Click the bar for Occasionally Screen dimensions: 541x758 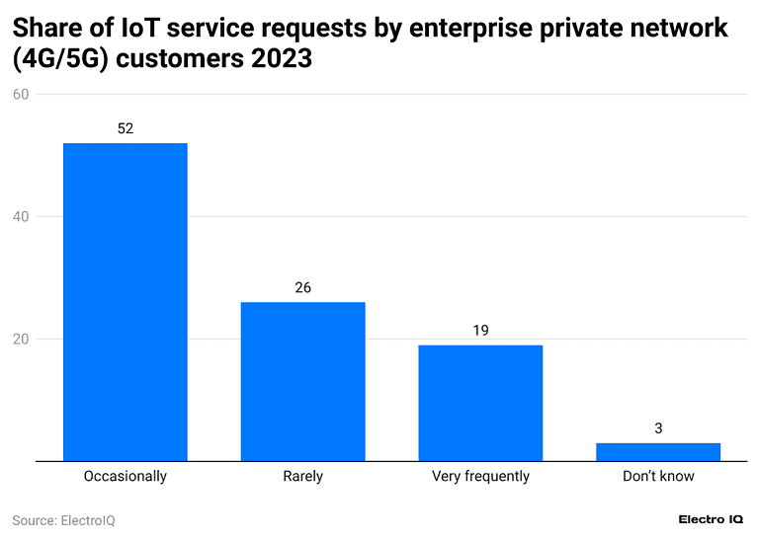[x=126, y=302]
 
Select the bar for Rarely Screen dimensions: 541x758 [x=302, y=381]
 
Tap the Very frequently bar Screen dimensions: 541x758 [x=480, y=403]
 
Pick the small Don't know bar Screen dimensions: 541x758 [x=658, y=452]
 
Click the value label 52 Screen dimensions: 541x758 [x=126, y=128]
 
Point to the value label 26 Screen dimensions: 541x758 [x=302, y=287]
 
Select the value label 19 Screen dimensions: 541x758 [x=480, y=330]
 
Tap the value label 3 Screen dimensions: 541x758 [x=658, y=428]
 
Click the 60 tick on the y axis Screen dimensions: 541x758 [x=22, y=95]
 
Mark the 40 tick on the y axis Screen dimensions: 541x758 [x=22, y=217]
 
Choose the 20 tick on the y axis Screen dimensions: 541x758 [x=22, y=340]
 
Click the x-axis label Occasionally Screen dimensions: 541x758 [x=126, y=476]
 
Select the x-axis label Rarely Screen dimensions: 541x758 [x=302, y=476]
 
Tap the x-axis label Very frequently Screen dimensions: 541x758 [x=480, y=476]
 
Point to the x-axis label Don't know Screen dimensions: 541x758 [x=658, y=476]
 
